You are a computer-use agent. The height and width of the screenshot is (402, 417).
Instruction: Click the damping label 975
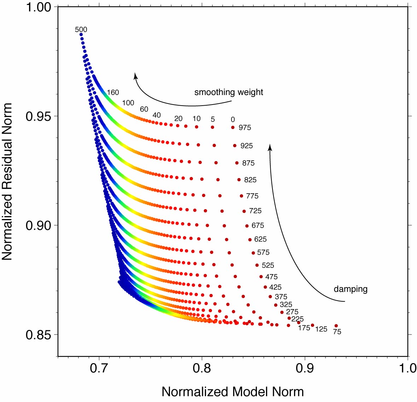point(245,128)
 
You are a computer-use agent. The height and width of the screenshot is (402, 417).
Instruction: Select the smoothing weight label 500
point(81,30)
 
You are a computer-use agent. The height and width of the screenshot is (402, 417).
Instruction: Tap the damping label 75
point(337,332)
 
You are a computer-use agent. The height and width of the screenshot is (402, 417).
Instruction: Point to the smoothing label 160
point(113,93)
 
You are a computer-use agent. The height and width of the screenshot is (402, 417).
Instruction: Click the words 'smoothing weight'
point(229,93)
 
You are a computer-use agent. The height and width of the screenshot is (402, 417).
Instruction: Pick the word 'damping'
point(351,289)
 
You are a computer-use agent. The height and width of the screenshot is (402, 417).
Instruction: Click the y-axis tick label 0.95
point(37,116)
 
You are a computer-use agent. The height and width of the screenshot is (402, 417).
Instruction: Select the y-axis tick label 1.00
point(37,7)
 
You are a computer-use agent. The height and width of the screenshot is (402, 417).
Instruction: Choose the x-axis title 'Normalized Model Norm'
point(233,392)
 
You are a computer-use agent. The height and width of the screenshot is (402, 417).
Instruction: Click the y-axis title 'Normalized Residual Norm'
point(7,182)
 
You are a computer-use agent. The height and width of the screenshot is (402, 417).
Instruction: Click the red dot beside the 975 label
point(233,127)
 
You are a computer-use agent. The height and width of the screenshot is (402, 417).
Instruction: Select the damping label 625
point(260,240)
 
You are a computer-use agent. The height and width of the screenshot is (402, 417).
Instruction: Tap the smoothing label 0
point(233,120)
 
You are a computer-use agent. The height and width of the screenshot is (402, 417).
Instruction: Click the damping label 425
point(275,288)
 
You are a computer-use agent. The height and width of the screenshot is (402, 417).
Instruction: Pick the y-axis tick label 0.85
point(37,335)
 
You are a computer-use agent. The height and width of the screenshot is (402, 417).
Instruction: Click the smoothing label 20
point(178,119)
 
